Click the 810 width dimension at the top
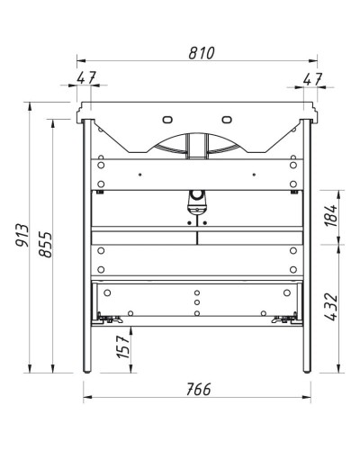tap(199, 53)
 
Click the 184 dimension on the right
tap(330, 214)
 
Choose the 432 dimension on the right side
tap(330, 307)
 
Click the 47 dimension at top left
tap(87, 78)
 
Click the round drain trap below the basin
tap(196, 195)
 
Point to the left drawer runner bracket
tap(109, 317)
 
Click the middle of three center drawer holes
tap(196, 302)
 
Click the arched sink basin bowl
tap(196, 144)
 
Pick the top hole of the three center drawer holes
tap(196, 292)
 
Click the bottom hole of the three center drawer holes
tap(196, 313)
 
